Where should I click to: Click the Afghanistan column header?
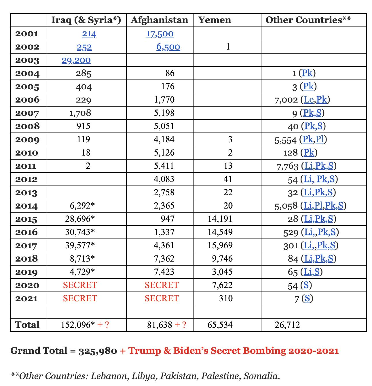tap(159, 20)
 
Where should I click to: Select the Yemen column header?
tap(214, 20)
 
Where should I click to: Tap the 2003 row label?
tap(27, 60)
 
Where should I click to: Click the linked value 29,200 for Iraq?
tap(76, 60)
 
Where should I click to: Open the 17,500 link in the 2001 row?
tap(160, 34)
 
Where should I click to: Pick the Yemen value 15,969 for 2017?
tap(220, 245)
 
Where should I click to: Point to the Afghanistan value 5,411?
tap(164, 166)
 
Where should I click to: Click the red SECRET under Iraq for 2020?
tap(80, 285)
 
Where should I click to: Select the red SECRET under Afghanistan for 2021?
tap(162, 298)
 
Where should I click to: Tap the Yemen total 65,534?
tap(220, 325)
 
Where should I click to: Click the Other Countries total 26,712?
tap(287, 325)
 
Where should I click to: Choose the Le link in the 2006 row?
tap(309, 100)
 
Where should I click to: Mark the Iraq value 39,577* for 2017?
tap(80, 245)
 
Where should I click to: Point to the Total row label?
tap(27, 325)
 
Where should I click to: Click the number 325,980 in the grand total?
tap(98, 351)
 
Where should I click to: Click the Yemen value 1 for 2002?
tap(228, 47)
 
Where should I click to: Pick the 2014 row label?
tap(26, 206)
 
